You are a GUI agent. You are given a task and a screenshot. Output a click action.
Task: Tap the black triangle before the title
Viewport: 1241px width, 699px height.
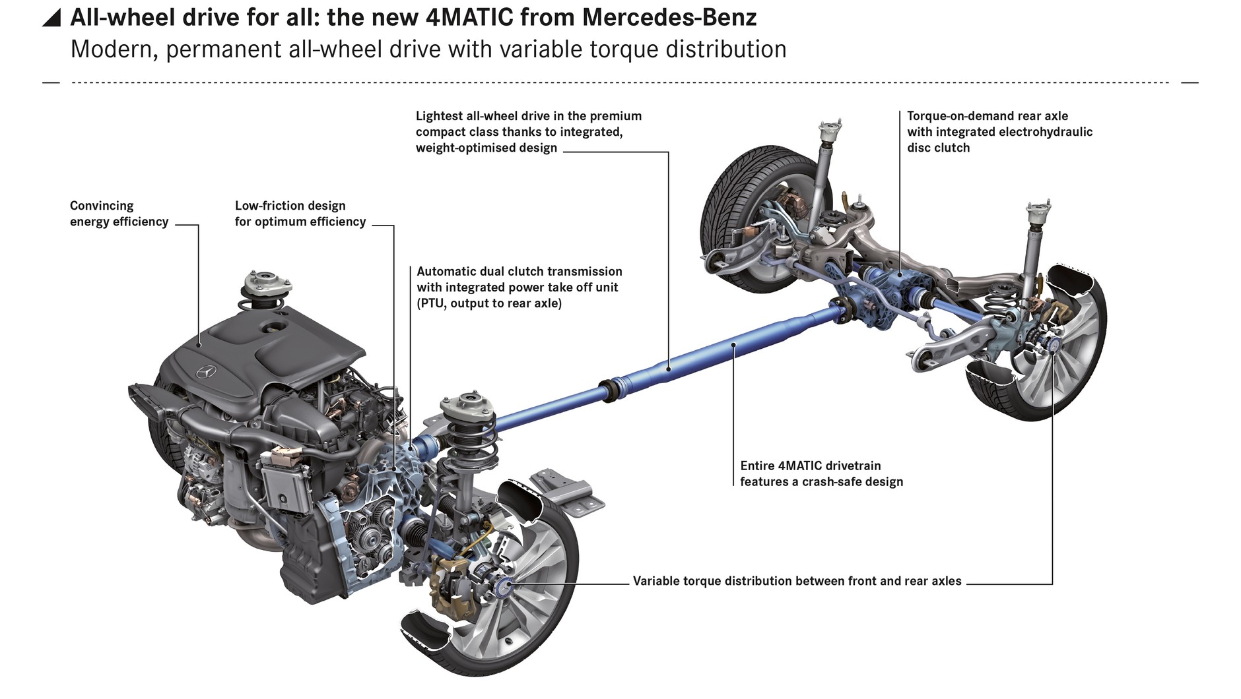coord(51,18)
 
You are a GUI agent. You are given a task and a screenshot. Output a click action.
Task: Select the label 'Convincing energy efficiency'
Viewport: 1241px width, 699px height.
coord(119,214)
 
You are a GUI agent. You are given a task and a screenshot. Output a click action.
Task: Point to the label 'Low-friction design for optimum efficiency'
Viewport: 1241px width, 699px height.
coord(300,214)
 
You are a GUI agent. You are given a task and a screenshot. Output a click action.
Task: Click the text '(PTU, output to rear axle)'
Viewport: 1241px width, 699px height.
coord(489,303)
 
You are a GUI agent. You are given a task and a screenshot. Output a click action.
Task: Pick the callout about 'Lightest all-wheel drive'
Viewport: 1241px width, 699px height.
coord(529,132)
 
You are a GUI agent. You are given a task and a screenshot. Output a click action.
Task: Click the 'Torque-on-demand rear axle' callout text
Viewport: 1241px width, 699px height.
coord(999,132)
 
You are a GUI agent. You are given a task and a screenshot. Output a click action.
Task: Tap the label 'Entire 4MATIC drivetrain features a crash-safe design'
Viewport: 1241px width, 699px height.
coord(821,473)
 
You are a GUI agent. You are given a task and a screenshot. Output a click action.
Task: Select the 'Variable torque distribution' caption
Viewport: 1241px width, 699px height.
coord(797,581)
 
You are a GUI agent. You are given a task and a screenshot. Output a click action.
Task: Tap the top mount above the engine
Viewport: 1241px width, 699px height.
coord(267,284)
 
